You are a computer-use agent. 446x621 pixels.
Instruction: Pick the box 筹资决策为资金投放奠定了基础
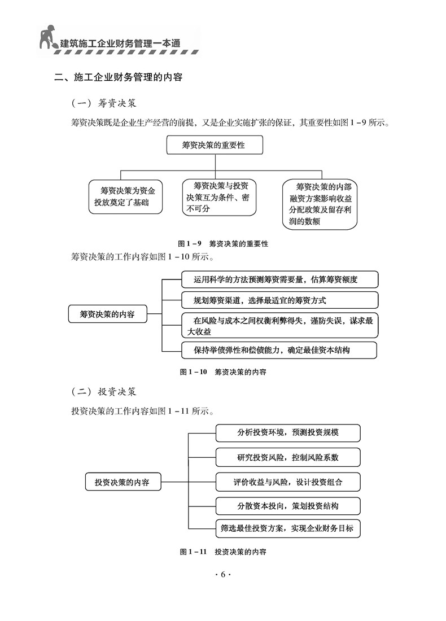coord(125,196)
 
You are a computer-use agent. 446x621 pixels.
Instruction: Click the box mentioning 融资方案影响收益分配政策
coord(320,203)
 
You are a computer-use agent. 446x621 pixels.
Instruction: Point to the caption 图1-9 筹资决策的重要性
coord(223,244)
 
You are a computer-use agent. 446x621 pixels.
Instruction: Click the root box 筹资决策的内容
coord(107,314)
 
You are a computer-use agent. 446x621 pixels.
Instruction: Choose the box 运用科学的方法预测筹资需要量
coord(279,279)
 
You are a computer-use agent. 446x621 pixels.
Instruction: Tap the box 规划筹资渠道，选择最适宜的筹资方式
coord(279,300)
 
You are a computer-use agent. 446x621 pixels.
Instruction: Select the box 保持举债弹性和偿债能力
coord(279,350)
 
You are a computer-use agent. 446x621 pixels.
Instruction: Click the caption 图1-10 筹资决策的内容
coord(223,372)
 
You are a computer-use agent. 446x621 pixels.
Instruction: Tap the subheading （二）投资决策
coord(104,391)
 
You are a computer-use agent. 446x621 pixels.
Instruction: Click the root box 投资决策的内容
coord(123,483)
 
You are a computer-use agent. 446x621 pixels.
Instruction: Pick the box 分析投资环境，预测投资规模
coord(288,433)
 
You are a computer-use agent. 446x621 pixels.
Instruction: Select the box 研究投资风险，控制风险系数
coord(288,457)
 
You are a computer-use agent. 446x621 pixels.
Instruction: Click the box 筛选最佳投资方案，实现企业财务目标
coord(288,528)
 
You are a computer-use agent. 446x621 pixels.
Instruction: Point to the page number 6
coord(223,574)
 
